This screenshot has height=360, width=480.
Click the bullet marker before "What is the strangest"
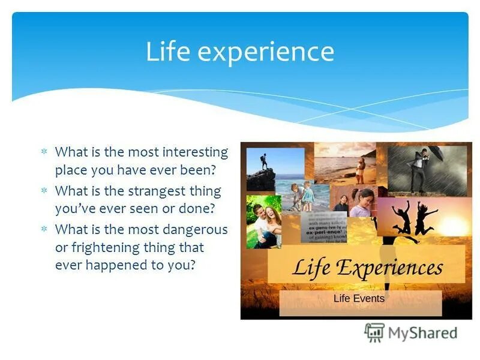[43, 191]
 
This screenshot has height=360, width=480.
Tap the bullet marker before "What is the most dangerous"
[43, 230]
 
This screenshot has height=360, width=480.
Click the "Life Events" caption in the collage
[359, 298]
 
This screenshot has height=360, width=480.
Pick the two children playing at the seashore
[302, 195]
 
